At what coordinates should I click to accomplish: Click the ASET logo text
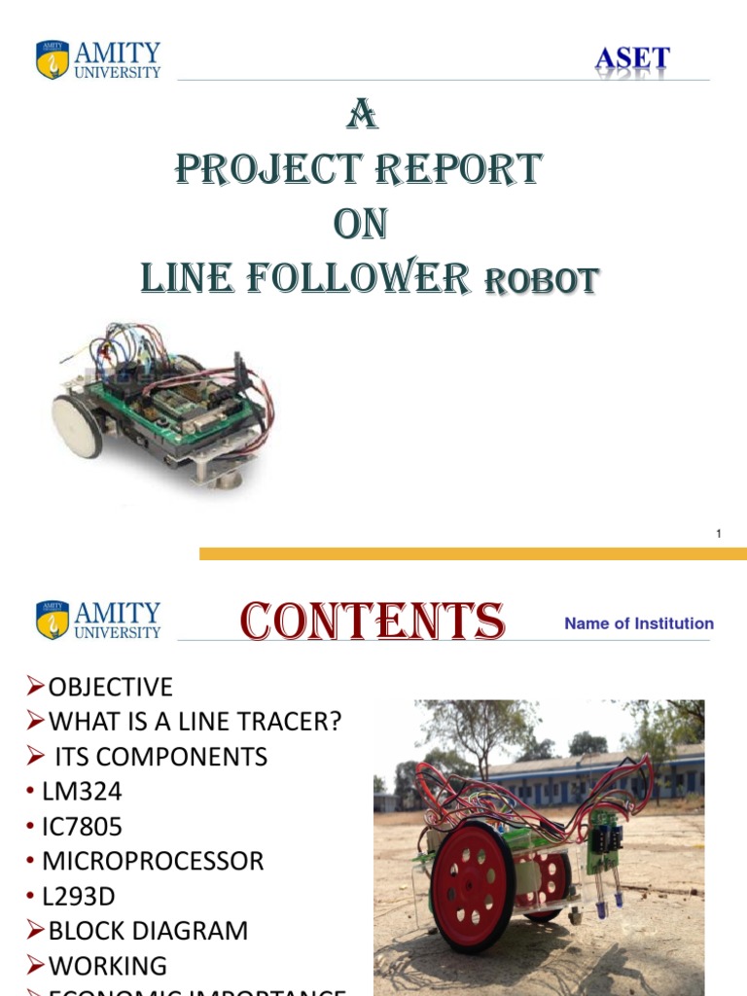point(632,60)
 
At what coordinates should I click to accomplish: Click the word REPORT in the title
point(459,169)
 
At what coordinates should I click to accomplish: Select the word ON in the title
point(360,225)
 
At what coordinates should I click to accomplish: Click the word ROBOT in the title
point(541,281)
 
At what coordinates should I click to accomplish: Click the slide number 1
point(718,533)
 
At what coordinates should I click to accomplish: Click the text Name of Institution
point(639,623)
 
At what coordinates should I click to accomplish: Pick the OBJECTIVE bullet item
point(110,688)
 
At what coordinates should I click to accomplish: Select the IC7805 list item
point(82,827)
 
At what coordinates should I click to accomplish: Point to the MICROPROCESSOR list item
point(153,862)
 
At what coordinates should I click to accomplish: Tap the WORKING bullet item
point(107,966)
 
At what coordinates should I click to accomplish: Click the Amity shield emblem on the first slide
point(53,59)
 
